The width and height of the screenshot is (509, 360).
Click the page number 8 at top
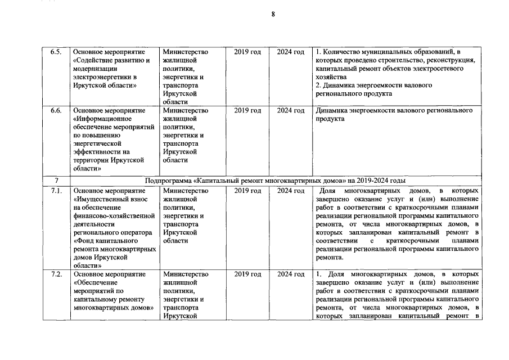click(273, 14)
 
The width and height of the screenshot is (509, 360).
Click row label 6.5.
click(56, 52)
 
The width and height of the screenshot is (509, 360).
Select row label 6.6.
click(56, 110)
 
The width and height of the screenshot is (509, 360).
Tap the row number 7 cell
click(56, 181)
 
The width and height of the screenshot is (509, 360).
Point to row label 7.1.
click(56, 191)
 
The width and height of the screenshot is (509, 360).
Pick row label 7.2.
click(56, 274)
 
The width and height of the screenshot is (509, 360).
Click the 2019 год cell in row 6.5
click(247, 52)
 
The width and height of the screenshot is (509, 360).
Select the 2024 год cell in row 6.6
click(291, 110)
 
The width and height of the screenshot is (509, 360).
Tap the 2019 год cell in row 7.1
click(247, 191)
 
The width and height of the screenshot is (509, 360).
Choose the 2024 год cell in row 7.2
click(291, 274)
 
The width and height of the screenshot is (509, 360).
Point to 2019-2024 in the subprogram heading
click(364, 181)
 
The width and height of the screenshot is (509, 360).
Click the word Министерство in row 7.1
click(184, 191)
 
